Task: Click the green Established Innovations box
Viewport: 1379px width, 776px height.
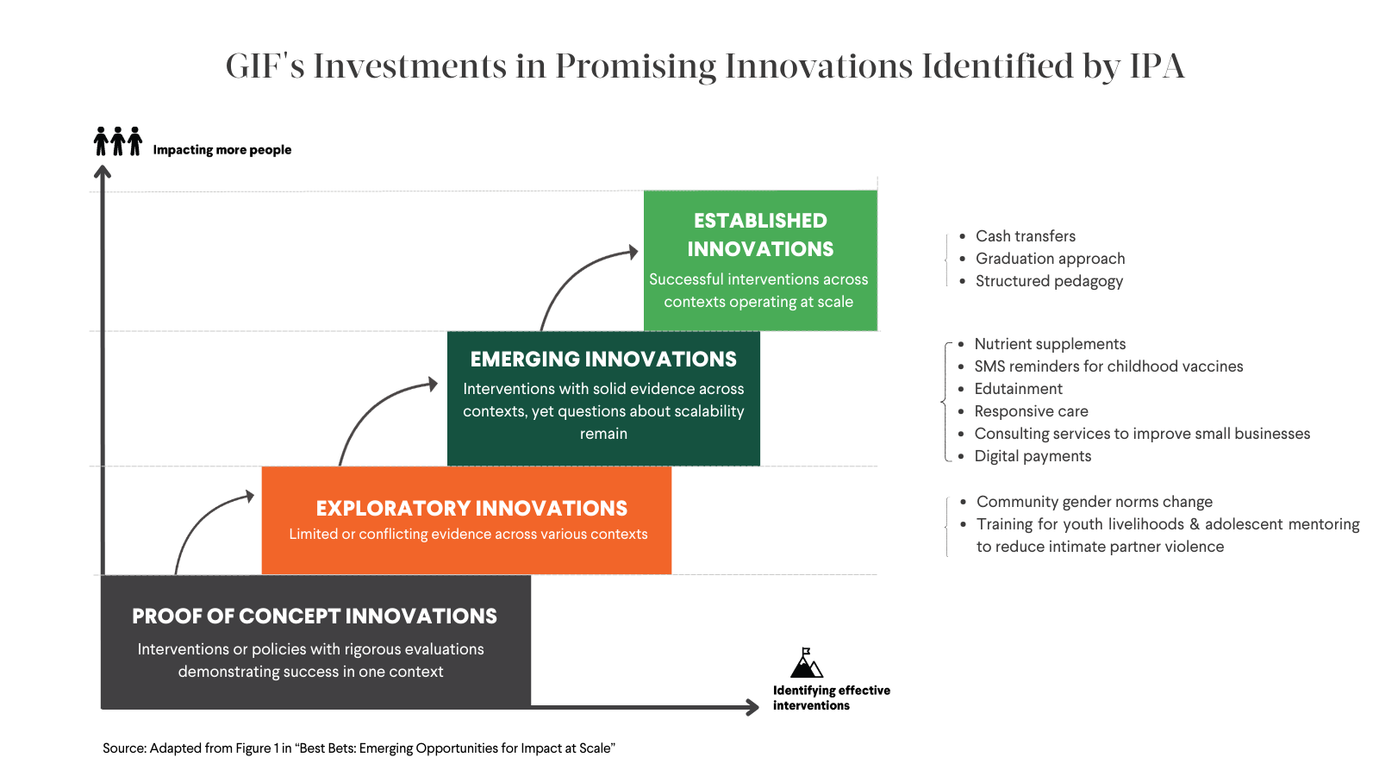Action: (x=760, y=260)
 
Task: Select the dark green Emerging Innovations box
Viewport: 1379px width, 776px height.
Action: (x=603, y=398)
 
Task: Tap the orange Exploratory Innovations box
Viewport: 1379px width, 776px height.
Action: (x=466, y=521)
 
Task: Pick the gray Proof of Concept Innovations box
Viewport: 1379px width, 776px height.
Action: (x=315, y=641)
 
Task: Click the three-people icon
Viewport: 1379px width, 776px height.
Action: (x=118, y=141)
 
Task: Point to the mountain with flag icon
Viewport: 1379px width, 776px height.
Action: (x=807, y=663)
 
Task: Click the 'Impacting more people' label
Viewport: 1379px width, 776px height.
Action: (x=222, y=150)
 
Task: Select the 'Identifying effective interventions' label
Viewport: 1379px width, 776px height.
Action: (x=832, y=698)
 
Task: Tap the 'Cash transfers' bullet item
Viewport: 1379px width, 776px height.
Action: (x=1026, y=236)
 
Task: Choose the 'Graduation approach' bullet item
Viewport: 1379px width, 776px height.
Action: (x=1051, y=259)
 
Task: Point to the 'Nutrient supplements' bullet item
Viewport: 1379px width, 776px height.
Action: (x=1051, y=344)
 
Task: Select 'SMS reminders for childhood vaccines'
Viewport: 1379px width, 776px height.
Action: (x=1108, y=366)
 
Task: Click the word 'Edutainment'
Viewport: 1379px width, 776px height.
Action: (x=1018, y=389)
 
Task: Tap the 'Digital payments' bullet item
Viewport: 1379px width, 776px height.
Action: (x=1033, y=456)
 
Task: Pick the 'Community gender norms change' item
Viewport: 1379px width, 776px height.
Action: (x=1095, y=501)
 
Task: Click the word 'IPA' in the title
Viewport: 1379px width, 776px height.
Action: (x=1157, y=66)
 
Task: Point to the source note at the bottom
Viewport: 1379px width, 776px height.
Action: (x=359, y=748)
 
